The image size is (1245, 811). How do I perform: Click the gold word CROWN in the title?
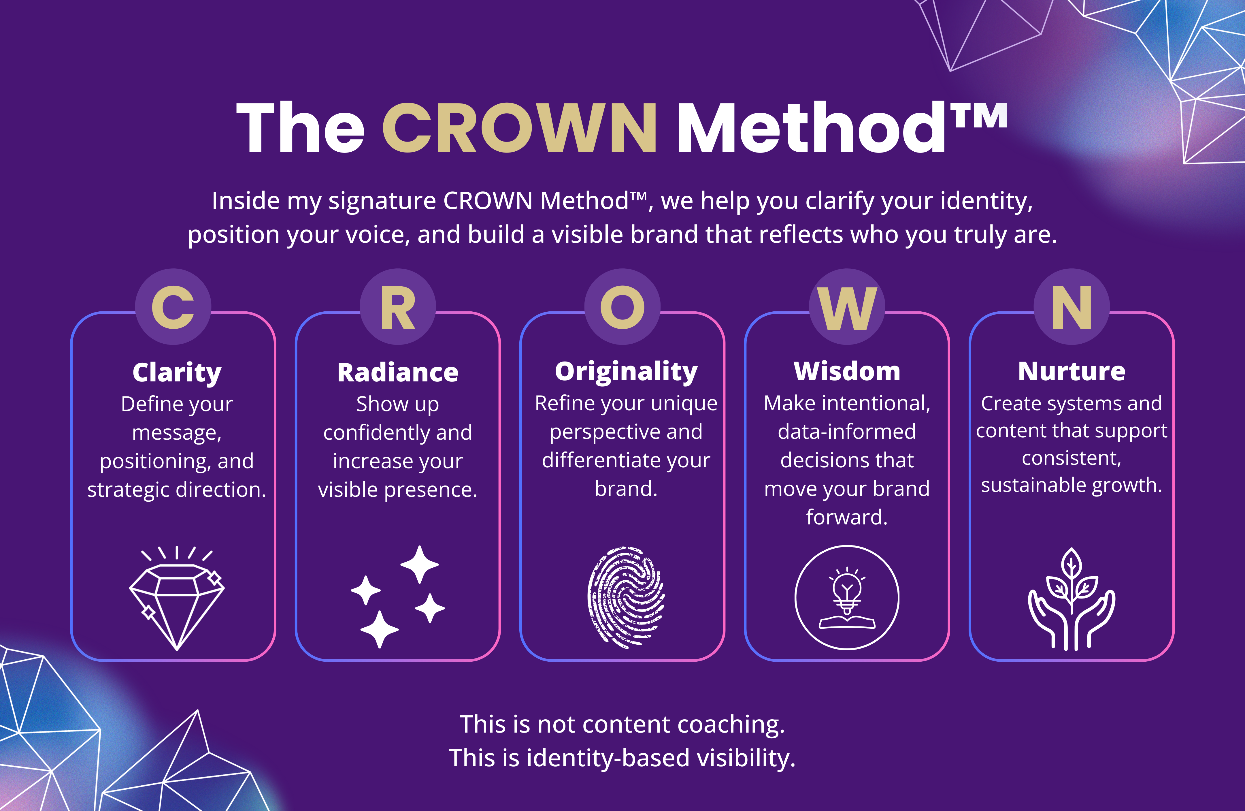pyautogui.click(x=519, y=128)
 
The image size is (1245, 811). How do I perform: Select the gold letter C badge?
pyautogui.click(x=173, y=307)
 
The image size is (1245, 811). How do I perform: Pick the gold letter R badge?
pyautogui.click(x=397, y=307)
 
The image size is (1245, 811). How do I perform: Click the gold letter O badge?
pyautogui.click(x=622, y=307)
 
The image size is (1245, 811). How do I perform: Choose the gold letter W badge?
pyautogui.click(x=847, y=307)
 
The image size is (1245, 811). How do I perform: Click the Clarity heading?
pyautogui.click(x=177, y=372)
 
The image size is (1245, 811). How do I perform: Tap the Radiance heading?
pyautogui.click(x=397, y=372)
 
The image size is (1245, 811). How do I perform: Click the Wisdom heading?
pyautogui.click(x=847, y=372)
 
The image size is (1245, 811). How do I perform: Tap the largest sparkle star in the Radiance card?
pyautogui.click(x=420, y=564)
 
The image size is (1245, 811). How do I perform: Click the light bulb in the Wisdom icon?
pyautogui.click(x=847, y=589)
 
